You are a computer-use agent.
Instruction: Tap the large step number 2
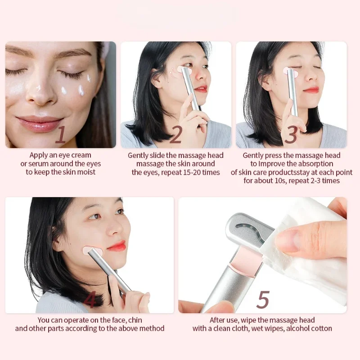point(175,135)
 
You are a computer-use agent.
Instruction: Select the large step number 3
point(291,135)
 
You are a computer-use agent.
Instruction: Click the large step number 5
point(263,299)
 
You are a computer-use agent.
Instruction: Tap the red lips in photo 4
point(116,246)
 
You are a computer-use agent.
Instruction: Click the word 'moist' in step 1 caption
point(86,172)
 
